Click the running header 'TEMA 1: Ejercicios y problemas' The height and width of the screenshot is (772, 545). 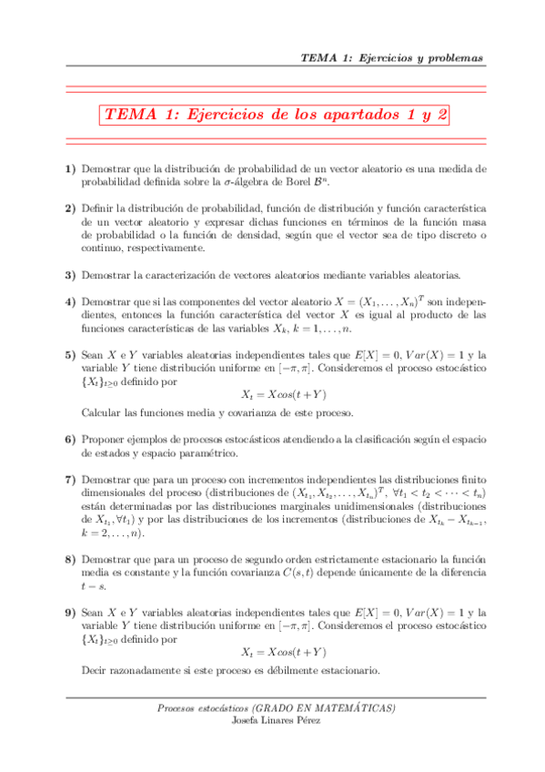(391, 58)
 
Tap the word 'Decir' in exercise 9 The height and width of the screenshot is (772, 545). (95, 672)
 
